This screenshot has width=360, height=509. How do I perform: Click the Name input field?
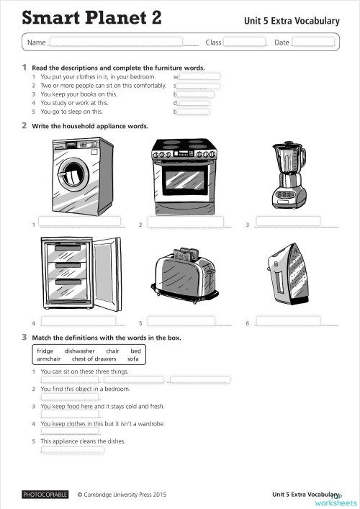point(115,42)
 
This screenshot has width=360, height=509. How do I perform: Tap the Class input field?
point(244,42)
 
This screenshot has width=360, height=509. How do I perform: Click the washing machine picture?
point(76,176)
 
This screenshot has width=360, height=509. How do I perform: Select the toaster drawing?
point(185,276)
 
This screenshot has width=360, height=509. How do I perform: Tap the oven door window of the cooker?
point(184,179)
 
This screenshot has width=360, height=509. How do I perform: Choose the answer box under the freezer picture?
point(78,321)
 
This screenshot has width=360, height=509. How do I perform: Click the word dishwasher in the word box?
point(79,351)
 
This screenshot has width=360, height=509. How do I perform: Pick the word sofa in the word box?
point(132,359)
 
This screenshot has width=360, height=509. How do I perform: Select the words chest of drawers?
point(94,359)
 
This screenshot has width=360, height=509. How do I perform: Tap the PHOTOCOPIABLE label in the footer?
point(45,495)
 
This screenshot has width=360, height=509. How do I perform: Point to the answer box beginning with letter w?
point(199,76)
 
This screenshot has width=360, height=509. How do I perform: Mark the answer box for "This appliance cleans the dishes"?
point(72,451)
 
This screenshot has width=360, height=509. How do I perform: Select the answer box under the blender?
point(288,221)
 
